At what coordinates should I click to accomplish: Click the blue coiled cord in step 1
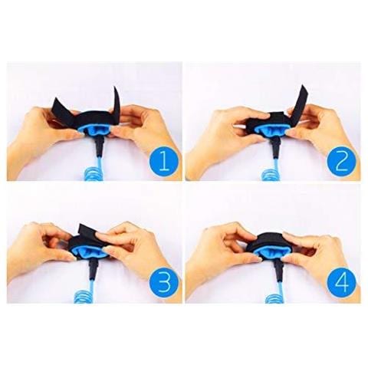coord(95,170)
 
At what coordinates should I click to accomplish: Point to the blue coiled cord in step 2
coord(272,170)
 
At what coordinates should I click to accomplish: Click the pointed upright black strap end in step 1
coord(117,102)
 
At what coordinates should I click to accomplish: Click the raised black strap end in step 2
coord(301,102)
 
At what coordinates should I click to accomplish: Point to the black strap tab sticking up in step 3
coord(87,231)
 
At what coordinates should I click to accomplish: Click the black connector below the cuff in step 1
coord(99,148)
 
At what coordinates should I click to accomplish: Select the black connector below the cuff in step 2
coord(275,148)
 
